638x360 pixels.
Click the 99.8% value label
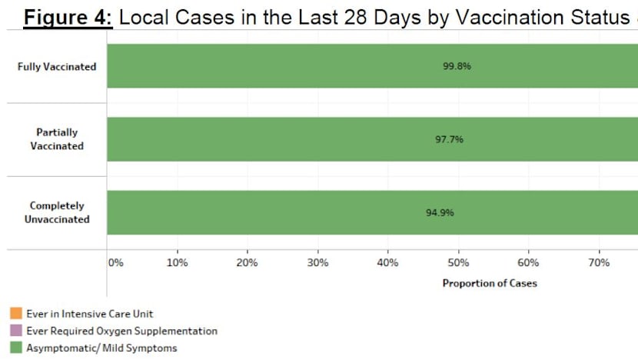pyautogui.click(x=457, y=66)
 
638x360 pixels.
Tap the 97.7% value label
pyautogui.click(x=449, y=139)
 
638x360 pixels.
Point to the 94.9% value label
pyautogui.click(x=440, y=212)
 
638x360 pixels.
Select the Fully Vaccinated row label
pyautogui.click(x=57, y=67)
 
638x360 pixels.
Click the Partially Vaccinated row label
pyautogui.click(x=57, y=139)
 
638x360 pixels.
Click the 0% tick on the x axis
pyautogui.click(x=115, y=263)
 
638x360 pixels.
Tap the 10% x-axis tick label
pyautogui.click(x=177, y=263)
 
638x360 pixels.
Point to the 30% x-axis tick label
pyautogui.click(x=317, y=263)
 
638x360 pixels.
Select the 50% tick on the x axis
pyautogui.click(x=458, y=263)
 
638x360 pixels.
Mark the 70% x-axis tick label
pyautogui.click(x=599, y=263)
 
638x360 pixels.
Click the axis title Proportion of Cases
pyautogui.click(x=490, y=283)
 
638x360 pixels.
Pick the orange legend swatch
pyautogui.click(x=15, y=314)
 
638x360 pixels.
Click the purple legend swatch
pyautogui.click(x=15, y=331)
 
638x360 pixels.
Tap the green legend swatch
pyautogui.click(x=15, y=348)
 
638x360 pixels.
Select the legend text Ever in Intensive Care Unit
pyautogui.click(x=90, y=314)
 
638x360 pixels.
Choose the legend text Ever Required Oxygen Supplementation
pyautogui.click(x=121, y=331)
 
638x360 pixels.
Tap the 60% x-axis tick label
pyautogui.click(x=528, y=263)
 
